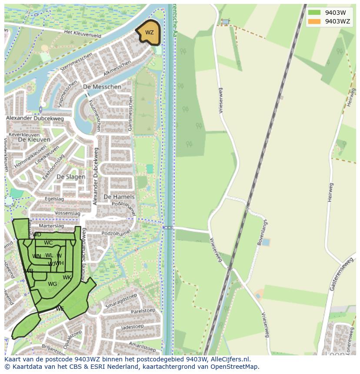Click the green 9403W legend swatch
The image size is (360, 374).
coord(314,13)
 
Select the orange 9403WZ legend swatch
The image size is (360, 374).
coord(314,21)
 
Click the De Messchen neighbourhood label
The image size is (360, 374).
coord(102,87)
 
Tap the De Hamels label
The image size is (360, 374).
coord(119,197)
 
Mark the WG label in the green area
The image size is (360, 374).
coord(53,284)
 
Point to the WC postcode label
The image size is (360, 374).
coord(48,243)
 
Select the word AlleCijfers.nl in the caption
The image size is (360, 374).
coord(230,359)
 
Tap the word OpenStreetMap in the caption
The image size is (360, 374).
coord(235,367)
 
